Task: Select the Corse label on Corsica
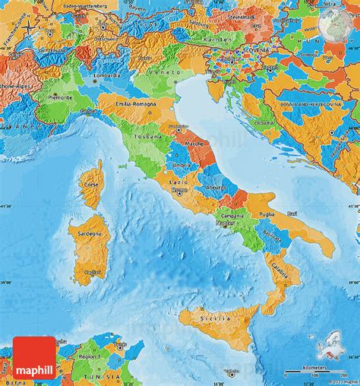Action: (91, 185)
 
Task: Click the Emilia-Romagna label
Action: (134, 103)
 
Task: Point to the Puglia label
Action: (267, 215)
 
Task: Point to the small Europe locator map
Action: (338, 358)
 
